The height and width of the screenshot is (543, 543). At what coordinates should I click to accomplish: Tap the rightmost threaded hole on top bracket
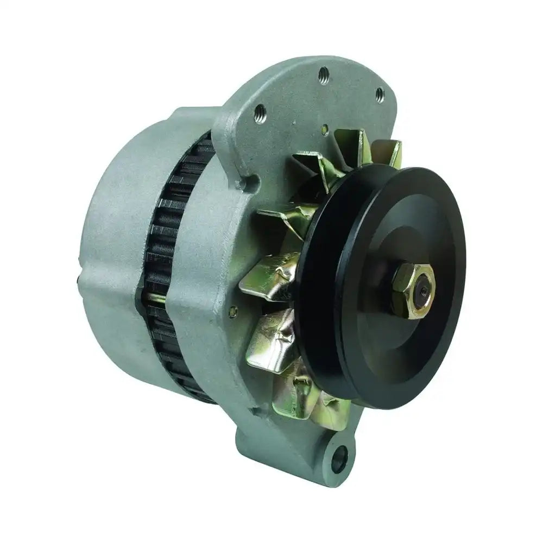tap(378, 93)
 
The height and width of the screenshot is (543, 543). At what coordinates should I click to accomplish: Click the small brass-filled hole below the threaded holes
tap(324, 129)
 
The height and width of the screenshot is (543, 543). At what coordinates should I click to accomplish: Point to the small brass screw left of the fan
tap(233, 311)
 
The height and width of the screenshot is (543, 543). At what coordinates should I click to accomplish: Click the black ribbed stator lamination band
tap(174, 244)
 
